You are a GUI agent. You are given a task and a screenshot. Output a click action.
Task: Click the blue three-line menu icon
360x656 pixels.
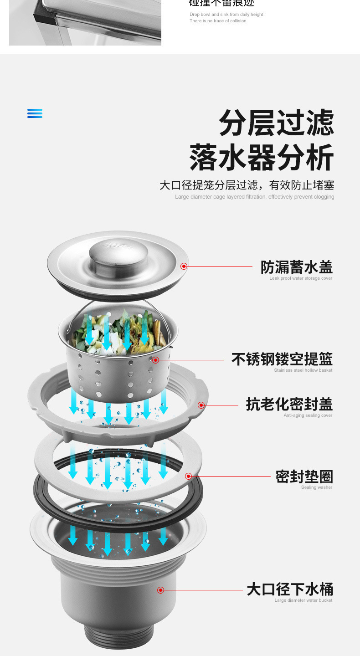coord(35,113)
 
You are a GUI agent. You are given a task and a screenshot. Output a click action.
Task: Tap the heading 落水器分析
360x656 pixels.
coord(262,157)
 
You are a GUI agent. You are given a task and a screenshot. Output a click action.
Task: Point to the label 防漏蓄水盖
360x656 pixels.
coord(296,267)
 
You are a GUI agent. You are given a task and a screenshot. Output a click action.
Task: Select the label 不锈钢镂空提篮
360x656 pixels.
coord(282,359)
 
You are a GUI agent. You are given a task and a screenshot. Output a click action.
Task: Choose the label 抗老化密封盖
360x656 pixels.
coord(289,404)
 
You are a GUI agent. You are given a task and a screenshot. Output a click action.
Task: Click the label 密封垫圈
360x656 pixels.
coord(304,477)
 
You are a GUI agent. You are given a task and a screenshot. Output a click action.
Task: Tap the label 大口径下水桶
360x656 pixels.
coord(290,589)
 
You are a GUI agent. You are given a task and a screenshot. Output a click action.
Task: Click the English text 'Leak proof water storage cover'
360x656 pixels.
coord(301,278)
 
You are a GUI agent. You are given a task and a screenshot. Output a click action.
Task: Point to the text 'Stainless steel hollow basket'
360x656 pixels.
coord(303,370)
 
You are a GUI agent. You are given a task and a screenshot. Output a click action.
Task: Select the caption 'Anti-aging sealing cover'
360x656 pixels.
coord(308,415)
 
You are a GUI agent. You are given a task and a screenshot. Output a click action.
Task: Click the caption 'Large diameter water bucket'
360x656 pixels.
coord(303,600)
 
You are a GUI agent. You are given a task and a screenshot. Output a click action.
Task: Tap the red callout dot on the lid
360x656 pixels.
coord(184,266)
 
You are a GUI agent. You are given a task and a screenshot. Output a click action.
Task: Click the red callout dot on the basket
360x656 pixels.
coord(155,360)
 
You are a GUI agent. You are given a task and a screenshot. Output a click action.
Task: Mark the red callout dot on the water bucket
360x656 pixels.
coord(160,590)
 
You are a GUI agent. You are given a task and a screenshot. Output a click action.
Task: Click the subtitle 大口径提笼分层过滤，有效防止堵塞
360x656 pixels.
coord(247,185)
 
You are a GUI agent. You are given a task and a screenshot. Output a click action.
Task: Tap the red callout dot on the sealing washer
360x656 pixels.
coord(188,477)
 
